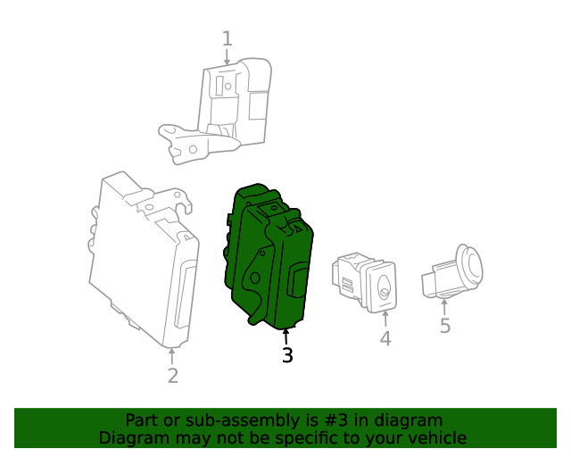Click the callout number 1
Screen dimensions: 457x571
227,38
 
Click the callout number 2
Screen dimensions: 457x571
172,376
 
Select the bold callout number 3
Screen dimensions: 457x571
286,355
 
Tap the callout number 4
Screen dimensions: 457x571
385,339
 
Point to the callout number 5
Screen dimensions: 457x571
445,326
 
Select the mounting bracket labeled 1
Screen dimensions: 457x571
223,112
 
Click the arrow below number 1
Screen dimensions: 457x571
227,56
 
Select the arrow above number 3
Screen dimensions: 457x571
286,337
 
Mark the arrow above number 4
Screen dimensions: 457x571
385,320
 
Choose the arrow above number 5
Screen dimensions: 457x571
445,306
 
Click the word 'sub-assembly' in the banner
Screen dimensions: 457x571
223,420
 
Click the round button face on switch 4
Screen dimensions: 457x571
385,287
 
